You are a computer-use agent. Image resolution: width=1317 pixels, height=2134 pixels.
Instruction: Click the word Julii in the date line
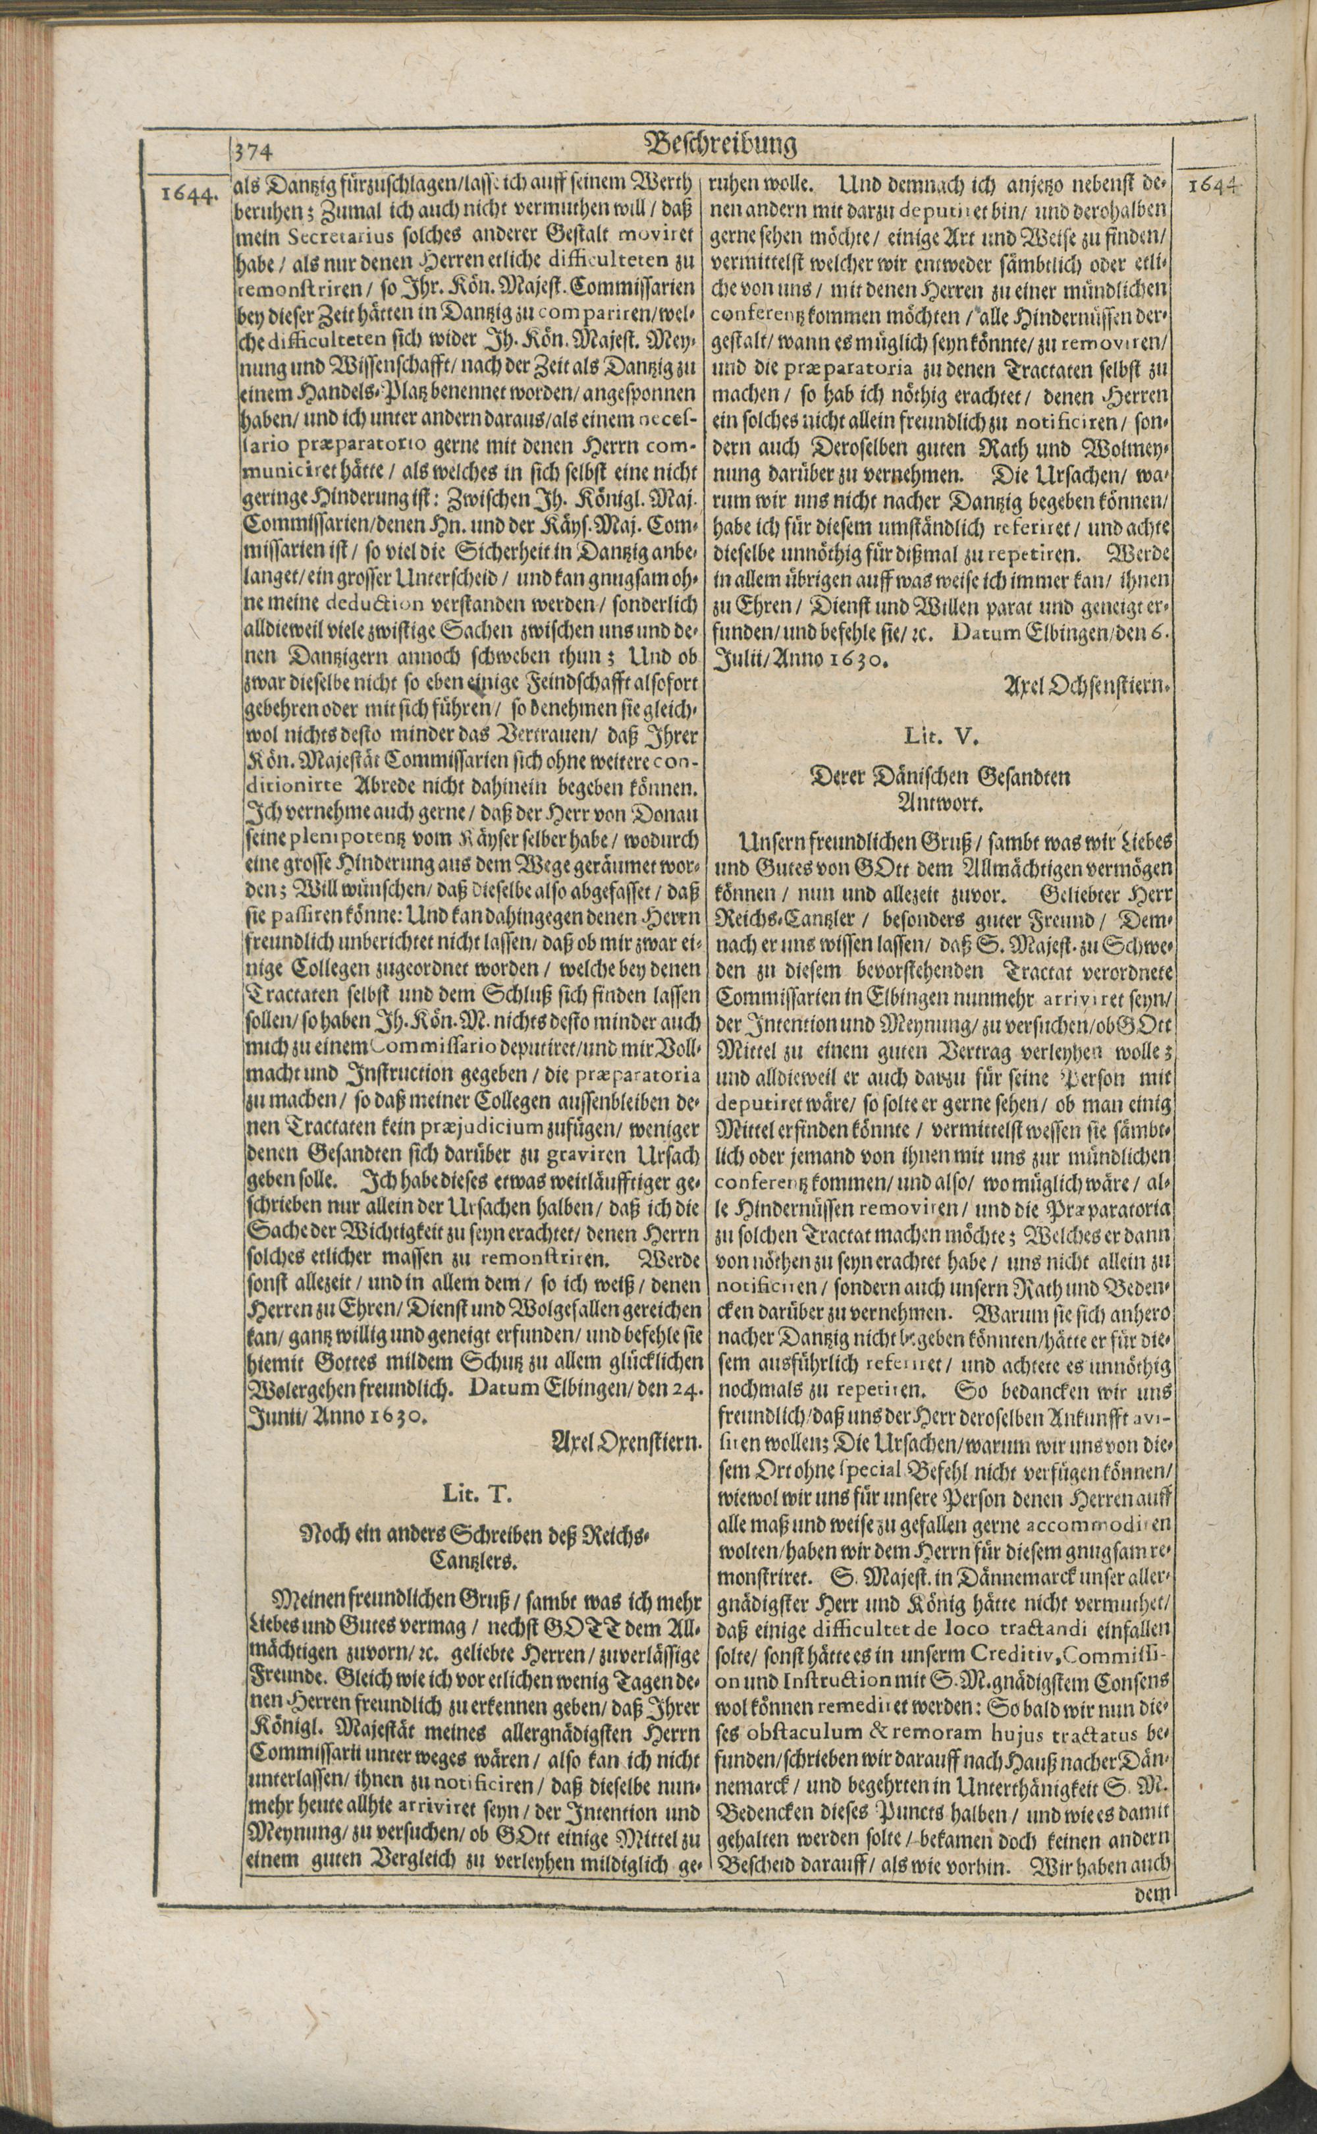pyautogui.click(x=737, y=660)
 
